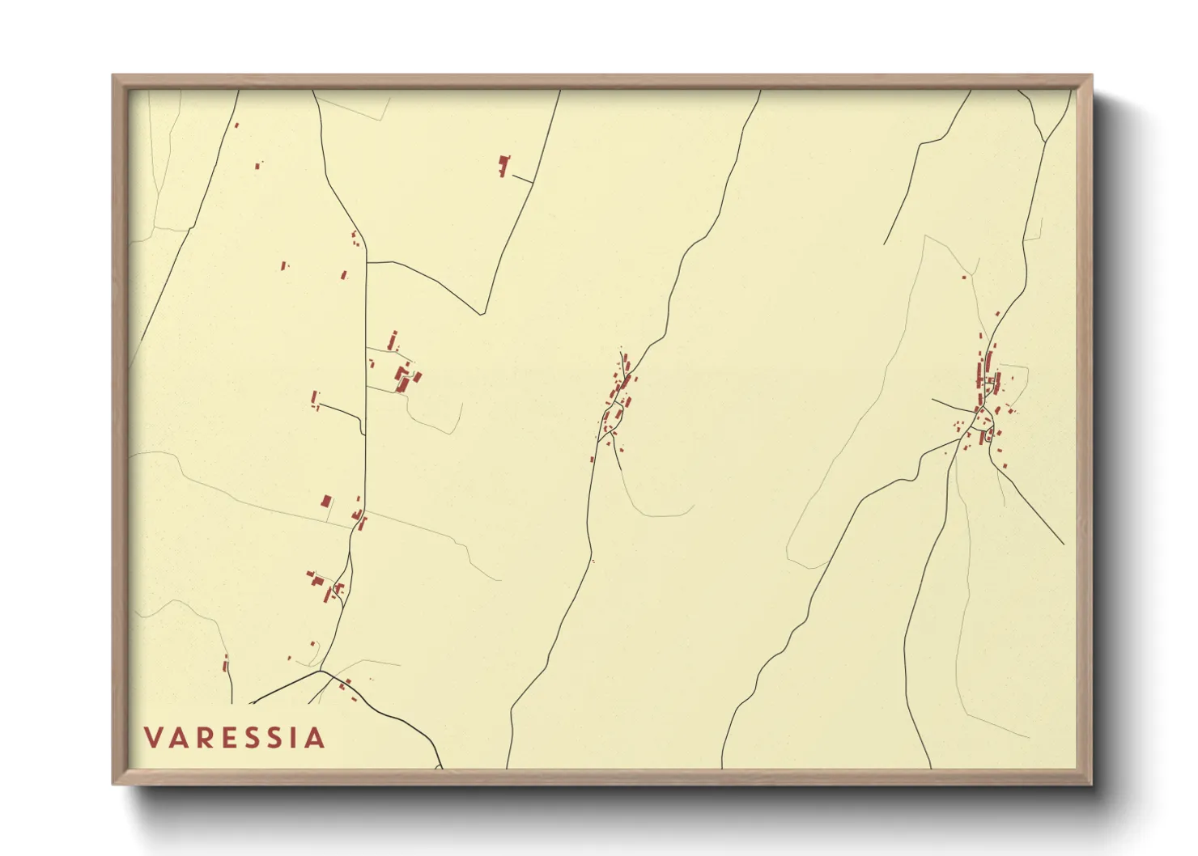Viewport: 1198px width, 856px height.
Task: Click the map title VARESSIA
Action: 235,738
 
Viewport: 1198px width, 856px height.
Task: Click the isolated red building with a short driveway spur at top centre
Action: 504,165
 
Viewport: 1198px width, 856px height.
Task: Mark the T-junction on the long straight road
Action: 367,262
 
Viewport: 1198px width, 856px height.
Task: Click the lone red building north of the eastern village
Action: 964,278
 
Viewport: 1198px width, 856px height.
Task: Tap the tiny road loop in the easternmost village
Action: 988,438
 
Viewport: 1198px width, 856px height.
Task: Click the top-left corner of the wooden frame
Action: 113,76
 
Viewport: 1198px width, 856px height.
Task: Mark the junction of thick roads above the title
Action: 321,671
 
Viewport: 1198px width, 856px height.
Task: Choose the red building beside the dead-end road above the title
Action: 226,666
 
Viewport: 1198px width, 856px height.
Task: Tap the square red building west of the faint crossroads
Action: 326,502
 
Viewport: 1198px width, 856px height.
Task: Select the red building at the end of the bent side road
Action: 315,398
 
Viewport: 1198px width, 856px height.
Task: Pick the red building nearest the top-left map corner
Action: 236,125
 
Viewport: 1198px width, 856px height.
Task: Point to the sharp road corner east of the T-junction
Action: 483,314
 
